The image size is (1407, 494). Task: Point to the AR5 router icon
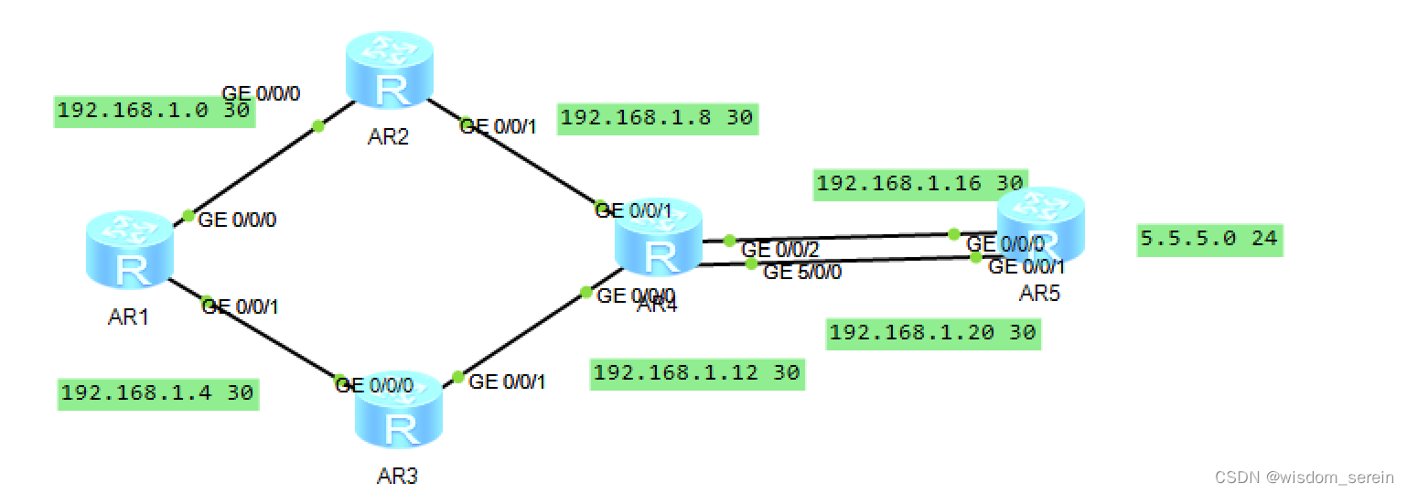click(x=1039, y=224)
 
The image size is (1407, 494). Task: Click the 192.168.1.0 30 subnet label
click(x=154, y=112)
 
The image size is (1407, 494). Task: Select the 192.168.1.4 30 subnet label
click(x=156, y=394)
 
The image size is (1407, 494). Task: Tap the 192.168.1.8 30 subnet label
click(x=656, y=118)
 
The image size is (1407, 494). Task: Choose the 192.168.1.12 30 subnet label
click(x=696, y=373)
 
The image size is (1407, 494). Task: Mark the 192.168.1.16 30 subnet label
click(x=920, y=183)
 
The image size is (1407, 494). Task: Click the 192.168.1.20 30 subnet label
click(x=932, y=333)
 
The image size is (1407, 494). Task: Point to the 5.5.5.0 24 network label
click(x=1208, y=240)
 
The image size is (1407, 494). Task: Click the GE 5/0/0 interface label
click(x=802, y=272)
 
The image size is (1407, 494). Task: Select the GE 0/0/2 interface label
click(x=779, y=249)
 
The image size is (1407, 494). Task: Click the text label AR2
click(x=388, y=138)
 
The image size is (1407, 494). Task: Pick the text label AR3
click(x=397, y=476)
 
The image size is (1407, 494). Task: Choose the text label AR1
click(x=129, y=317)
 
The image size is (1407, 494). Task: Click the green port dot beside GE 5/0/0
click(x=750, y=264)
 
